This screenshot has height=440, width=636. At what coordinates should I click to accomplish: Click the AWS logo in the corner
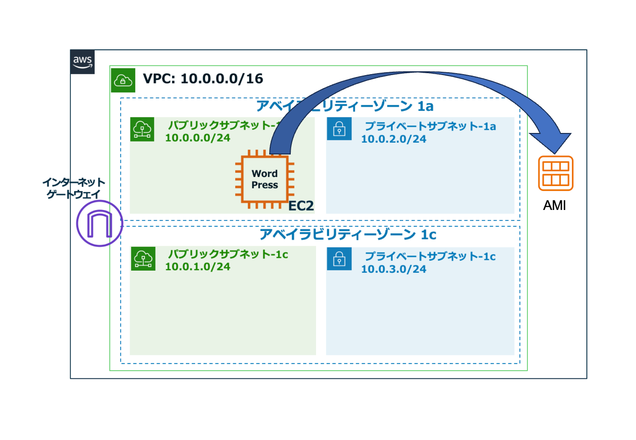(x=82, y=62)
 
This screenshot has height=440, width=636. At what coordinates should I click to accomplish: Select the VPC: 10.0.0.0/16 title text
(x=203, y=78)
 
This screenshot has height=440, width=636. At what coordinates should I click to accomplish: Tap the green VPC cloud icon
(x=123, y=80)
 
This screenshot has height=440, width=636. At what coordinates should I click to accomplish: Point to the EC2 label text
(x=301, y=206)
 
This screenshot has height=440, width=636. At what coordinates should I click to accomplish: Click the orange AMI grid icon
(x=556, y=173)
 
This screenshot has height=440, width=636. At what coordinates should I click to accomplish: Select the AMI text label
(x=555, y=206)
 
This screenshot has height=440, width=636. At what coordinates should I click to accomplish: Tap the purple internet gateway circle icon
(x=99, y=223)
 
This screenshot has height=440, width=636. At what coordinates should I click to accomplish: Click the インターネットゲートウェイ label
(x=73, y=188)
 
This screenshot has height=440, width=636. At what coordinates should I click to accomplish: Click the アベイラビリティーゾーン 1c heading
(x=348, y=234)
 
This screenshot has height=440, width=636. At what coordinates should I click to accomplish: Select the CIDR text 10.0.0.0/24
(x=197, y=138)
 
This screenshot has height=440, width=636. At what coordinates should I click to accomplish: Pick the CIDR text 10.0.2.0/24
(x=394, y=139)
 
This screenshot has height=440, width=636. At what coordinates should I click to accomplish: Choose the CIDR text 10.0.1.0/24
(x=197, y=266)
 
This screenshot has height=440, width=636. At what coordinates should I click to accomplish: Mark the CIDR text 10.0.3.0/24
(x=394, y=269)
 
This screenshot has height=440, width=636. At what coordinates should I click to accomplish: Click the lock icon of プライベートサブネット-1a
(x=339, y=129)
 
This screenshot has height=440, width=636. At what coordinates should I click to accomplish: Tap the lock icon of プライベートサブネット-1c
(x=339, y=259)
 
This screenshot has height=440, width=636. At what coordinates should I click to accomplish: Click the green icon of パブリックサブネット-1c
(x=143, y=259)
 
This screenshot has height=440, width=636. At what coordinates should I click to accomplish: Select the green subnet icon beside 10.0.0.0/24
(x=143, y=129)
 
